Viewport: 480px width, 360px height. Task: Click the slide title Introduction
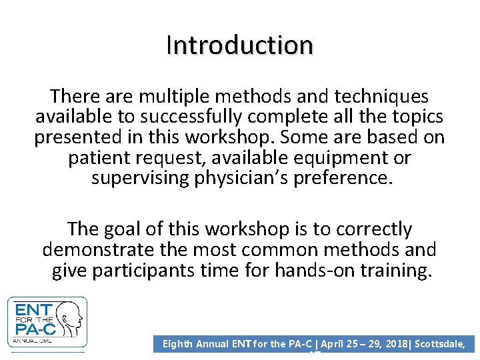point(239,45)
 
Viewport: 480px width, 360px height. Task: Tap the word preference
point(349,179)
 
